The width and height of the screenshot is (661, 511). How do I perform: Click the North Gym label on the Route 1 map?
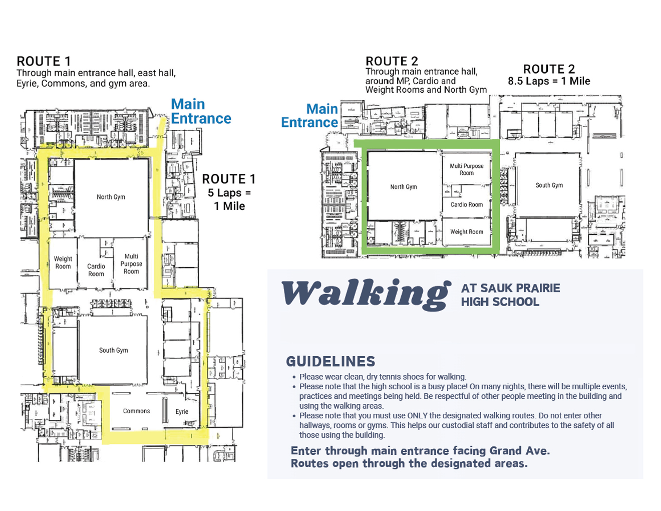[x=111, y=197]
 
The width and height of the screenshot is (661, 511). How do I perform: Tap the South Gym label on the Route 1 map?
[x=114, y=350]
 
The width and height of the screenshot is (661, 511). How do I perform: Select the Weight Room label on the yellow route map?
[x=63, y=263]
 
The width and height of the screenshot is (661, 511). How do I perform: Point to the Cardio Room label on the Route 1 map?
[x=96, y=270]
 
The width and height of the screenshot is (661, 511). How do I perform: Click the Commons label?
[x=136, y=411]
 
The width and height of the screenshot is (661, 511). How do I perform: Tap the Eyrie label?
[x=182, y=412]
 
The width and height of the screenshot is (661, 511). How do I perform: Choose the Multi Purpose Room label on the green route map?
[x=467, y=169]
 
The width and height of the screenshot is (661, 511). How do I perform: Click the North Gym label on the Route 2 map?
[x=403, y=187]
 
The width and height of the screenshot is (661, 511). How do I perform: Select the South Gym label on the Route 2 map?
[x=549, y=185]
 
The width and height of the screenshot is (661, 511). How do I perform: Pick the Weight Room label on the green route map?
[x=467, y=232]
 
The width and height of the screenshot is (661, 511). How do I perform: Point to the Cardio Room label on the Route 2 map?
[x=467, y=205]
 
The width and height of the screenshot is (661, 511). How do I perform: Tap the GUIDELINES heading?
[x=330, y=362]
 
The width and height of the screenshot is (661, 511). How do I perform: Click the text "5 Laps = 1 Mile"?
[x=229, y=199]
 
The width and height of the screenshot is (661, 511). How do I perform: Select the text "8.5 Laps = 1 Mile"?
[x=549, y=81]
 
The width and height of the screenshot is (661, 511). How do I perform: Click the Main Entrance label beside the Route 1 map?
[x=201, y=111]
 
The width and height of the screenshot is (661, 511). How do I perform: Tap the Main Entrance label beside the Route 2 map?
[x=309, y=116]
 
